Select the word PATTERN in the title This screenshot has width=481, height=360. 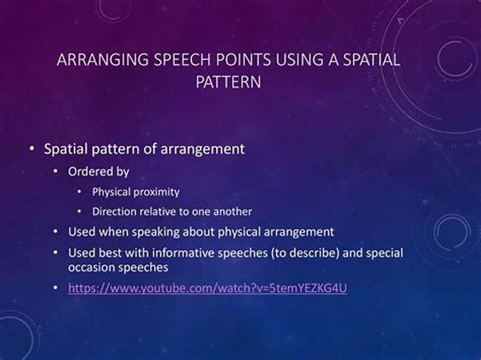(x=228, y=81)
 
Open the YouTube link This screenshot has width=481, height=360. (x=207, y=288)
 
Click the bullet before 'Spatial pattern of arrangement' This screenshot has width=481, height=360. (x=31, y=149)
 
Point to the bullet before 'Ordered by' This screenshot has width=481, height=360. (x=56, y=172)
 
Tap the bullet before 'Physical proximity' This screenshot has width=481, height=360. (x=80, y=192)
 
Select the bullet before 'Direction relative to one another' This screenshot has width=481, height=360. (x=80, y=212)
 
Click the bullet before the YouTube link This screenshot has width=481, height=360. (x=56, y=288)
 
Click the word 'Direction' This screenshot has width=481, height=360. (x=114, y=212)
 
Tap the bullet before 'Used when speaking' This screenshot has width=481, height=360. (x=56, y=231)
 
